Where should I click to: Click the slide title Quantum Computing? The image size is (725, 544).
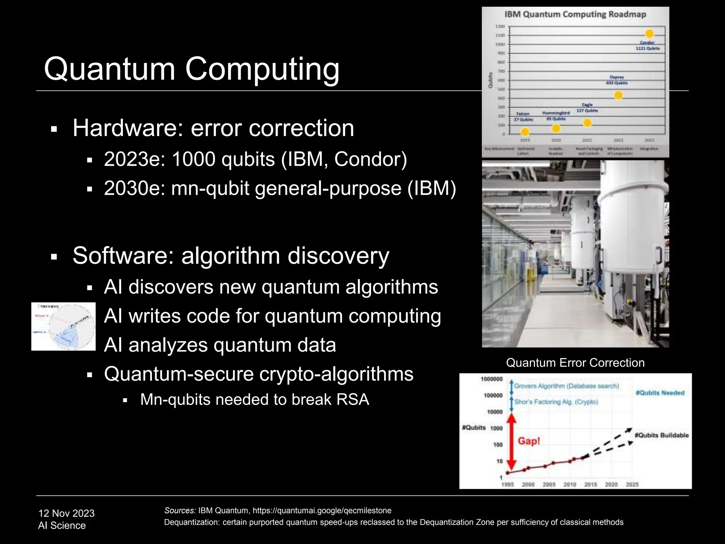(192, 69)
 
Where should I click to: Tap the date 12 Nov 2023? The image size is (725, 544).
(66, 513)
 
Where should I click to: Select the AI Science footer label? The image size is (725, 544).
(62, 526)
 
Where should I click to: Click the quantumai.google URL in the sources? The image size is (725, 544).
(322, 510)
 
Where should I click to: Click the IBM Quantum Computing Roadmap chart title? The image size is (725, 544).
(575, 15)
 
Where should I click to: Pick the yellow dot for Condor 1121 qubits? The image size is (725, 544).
(649, 34)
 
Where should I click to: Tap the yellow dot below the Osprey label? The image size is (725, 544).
(618, 95)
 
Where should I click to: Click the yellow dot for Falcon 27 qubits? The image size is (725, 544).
(525, 132)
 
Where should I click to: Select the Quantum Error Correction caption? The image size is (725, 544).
(575, 363)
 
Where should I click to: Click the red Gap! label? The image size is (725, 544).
(529, 441)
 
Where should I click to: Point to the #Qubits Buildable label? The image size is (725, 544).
(661, 435)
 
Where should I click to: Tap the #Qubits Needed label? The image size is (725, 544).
(660, 393)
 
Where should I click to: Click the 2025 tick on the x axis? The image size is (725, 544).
(632, 484)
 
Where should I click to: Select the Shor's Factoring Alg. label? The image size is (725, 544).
(556, 402)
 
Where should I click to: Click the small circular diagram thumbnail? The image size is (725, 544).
(64, 327)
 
